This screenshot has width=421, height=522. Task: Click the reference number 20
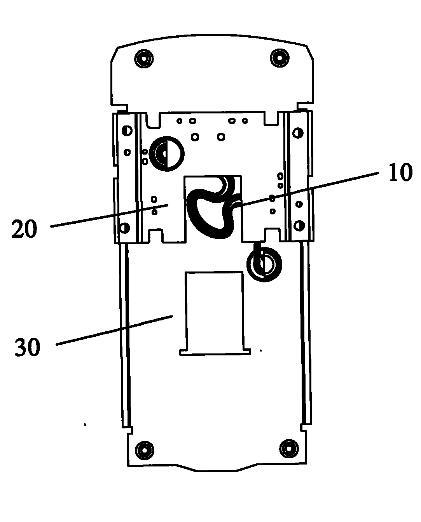click(x=24, y=228)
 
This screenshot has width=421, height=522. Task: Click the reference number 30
click(x=27, y=347)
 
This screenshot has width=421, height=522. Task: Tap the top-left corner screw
click(x=143, y=59)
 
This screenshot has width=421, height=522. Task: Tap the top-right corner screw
click(x=280, y=58)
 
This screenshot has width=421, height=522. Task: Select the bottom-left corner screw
click(x=144, y=450)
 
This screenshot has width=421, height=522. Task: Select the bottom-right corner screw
click(x=288, y=449)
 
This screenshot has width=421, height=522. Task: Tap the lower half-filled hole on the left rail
click(x=124, y=227)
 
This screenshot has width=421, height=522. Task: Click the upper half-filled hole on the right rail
click(x=297, y=132)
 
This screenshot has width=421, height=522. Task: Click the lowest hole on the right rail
click(x=299, y=225)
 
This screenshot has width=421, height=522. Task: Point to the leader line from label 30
click(x=115, y=330)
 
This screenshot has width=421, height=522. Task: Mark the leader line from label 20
click(x=109, y=216)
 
